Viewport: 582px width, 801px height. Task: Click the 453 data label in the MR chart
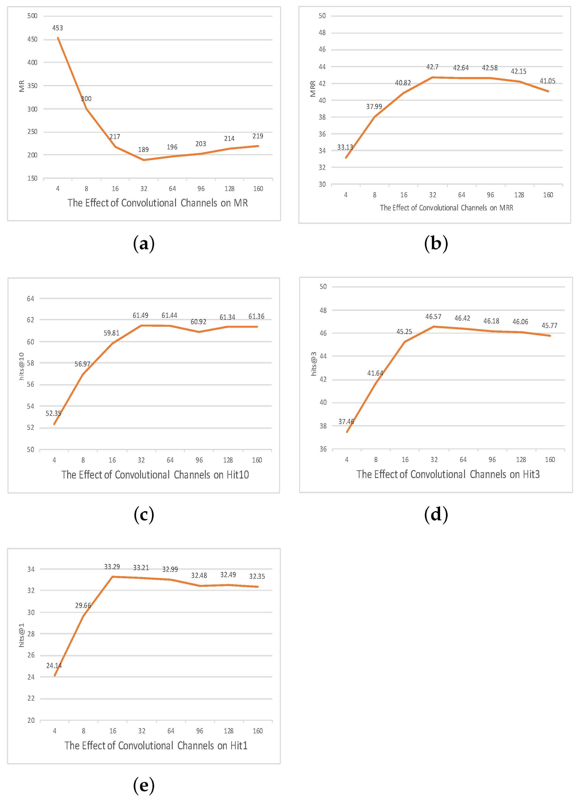pos(58,28)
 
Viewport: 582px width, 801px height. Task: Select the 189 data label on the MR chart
pos(144,150)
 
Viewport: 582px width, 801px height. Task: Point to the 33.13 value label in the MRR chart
pos(345,147)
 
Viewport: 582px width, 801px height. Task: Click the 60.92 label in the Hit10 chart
pos(199,322)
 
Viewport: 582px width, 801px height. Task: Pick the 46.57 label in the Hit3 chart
pos(433,317)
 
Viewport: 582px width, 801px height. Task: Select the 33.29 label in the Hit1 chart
pos(112,567)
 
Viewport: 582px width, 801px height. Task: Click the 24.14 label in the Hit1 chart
pos(54,666)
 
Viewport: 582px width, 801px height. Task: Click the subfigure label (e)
pos(144,785)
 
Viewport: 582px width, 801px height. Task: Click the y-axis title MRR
pos(313,89)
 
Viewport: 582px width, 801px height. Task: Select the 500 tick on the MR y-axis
pos(32,16)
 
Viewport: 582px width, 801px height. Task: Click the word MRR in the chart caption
pos(506,208)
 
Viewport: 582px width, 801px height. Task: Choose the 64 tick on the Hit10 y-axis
pos(31,299)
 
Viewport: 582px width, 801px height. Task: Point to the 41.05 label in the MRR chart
pos(547,81)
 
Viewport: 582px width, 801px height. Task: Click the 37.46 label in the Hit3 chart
pos(346,422)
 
